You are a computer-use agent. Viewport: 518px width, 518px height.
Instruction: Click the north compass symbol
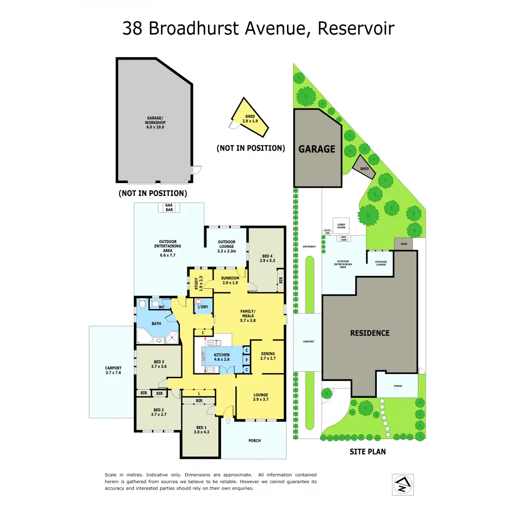pos(403,484)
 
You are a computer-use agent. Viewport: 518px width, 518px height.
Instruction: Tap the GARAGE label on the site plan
pos(317,149)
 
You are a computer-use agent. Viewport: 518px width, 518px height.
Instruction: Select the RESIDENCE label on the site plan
pos(370,333)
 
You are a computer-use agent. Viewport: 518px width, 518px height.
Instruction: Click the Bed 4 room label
pos(267,258)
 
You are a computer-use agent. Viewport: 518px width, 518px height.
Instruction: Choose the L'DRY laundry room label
pos(203,307)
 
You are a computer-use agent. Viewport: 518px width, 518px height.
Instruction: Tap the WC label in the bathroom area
pos(161,307)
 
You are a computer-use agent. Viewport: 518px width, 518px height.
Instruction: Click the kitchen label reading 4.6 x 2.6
pos(222,357)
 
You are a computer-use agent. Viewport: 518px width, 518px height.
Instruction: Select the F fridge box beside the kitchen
pos(247,360)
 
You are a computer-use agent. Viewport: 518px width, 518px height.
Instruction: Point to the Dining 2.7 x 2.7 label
pos(268,356)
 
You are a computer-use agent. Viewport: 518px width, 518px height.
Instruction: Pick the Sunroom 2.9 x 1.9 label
pos(230,281)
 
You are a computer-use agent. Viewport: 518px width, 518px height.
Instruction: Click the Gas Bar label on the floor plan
pos(169,208)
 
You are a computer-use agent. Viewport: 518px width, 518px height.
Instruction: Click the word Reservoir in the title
pos(356,28)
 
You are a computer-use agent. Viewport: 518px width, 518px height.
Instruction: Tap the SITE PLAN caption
pos(368,452)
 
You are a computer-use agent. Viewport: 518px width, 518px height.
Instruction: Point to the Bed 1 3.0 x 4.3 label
pos(201,430)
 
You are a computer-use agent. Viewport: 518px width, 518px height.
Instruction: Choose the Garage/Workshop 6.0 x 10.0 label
pos(155,123)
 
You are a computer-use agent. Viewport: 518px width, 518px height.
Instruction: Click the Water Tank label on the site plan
pos(327,232)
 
